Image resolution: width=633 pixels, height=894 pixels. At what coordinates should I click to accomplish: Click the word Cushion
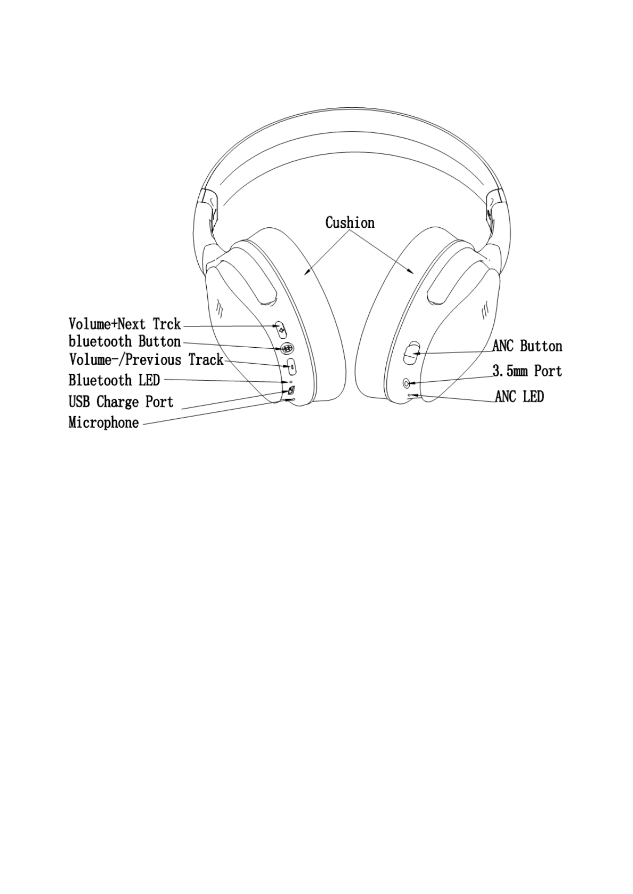pos(350,222)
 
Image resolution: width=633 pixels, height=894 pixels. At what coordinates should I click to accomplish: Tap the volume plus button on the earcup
pos(281,330)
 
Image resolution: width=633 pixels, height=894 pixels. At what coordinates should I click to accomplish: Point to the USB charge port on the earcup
pos(291,391)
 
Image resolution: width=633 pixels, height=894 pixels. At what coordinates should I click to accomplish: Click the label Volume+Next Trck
pos(124,324)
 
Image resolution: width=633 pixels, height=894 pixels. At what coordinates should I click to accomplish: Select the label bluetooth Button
pos(124,341)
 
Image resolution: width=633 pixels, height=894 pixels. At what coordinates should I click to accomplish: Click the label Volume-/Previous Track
pos(146,360)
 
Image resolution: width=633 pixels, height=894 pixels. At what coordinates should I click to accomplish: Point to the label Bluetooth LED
pos(114,380)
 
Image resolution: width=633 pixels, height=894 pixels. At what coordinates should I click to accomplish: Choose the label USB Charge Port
pos(121,402)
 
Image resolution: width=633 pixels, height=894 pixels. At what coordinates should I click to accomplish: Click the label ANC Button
pos(527,346)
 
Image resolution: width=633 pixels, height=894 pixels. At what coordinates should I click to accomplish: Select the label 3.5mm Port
pos(527,371)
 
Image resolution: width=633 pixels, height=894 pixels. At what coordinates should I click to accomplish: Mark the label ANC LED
pos(519,397)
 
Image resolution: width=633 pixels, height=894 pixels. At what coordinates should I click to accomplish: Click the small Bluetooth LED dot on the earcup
pos(290,382)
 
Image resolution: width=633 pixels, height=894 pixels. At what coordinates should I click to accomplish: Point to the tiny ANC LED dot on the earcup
pos(409,396)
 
